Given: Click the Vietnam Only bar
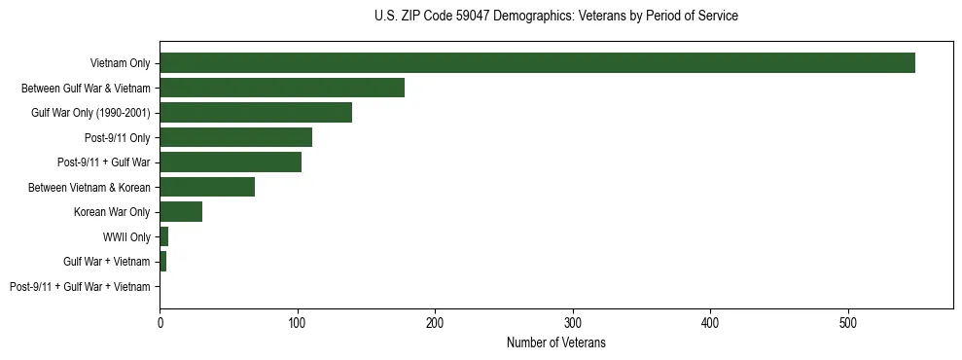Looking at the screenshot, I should point(537,63).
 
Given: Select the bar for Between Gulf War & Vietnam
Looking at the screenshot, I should point(282,88).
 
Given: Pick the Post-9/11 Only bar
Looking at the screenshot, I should point(235,137).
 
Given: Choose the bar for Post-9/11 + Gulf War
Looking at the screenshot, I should point(231,162).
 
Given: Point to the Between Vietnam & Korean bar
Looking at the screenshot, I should point(207,187).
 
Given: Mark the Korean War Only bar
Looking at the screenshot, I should point(181,212).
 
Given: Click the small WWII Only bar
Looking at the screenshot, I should point(164,236).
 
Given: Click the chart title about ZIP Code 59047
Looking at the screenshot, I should point(555,17).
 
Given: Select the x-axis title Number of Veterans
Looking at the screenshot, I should point(555,342).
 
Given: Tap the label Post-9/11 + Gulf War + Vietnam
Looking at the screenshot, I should point(80,286).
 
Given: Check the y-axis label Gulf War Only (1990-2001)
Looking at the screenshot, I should point(90,113).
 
